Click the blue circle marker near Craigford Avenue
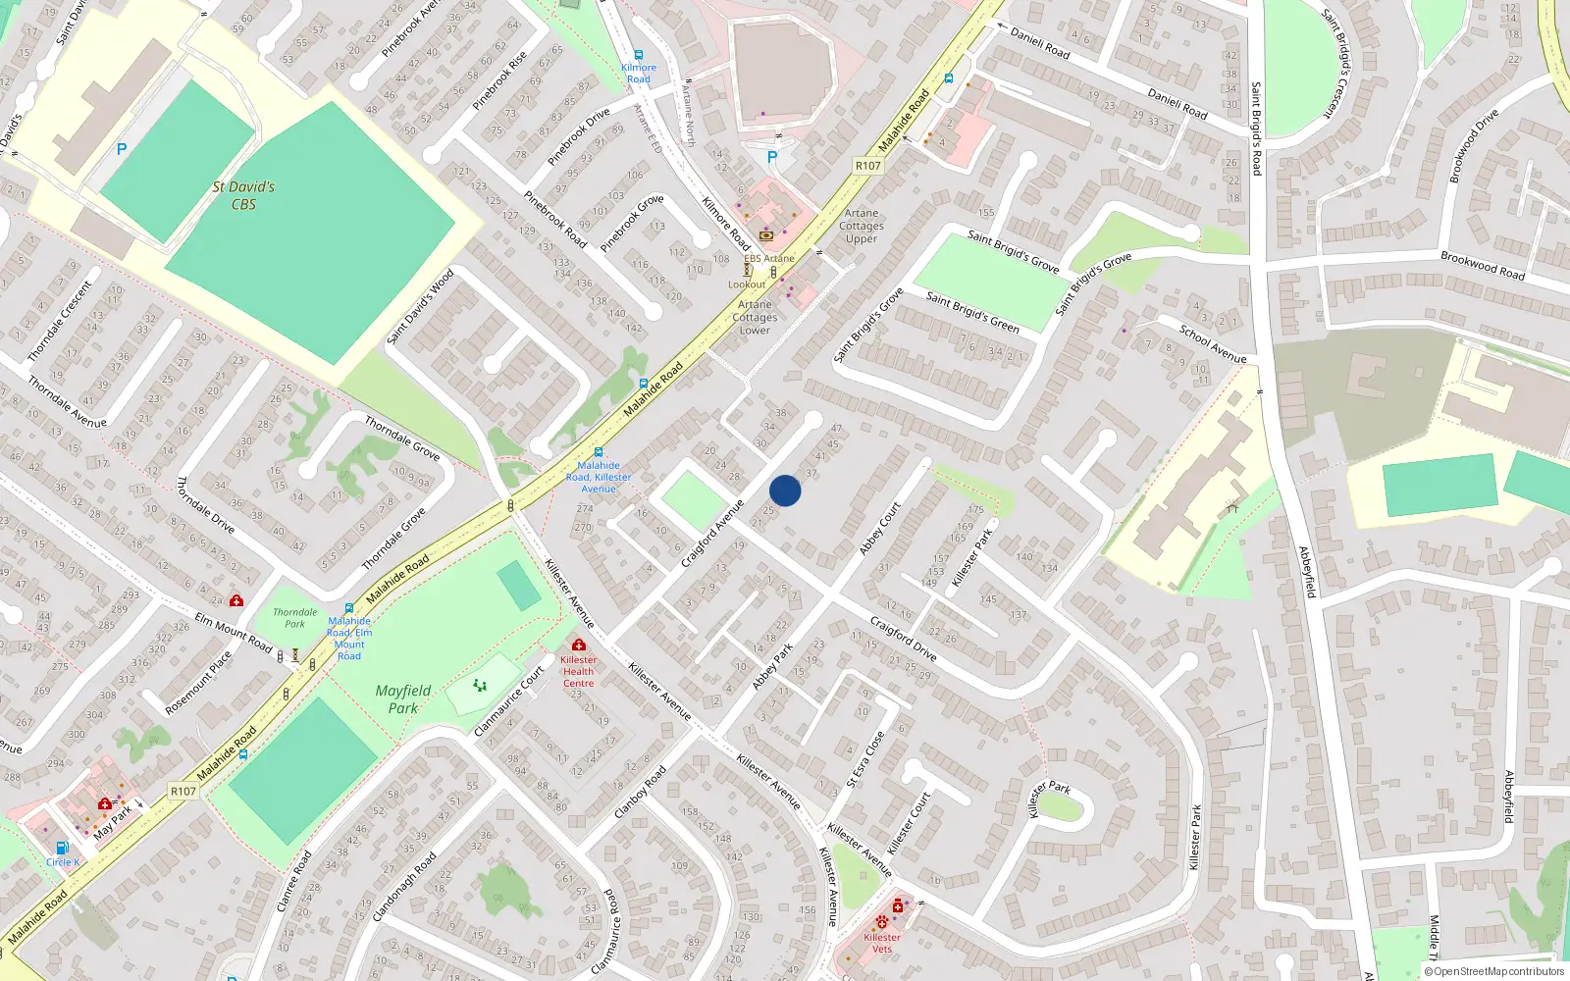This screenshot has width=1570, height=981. click(x=785, y=490)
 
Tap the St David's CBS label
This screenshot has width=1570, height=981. click(x=243, y=195)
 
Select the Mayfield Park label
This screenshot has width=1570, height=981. click(x=402, y=698)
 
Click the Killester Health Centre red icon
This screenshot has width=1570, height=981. click(x=579, y=645)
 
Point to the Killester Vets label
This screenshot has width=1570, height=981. click(x=882, y=943)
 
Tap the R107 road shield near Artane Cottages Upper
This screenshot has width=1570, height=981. click(x=868, y=166)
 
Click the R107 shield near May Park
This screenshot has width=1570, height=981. click(x=183, y=791)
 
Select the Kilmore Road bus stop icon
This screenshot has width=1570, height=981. click(x=639, y=56)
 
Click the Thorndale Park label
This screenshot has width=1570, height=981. click(x=294, y=617)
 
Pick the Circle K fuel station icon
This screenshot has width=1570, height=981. click(x=62, y=848)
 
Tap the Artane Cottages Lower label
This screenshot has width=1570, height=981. click(x=755, y=317)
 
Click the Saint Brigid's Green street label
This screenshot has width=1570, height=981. click(x=972, y=312)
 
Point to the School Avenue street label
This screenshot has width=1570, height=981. click(x=1213, y=344)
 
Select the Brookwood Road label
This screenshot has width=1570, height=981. click(x=1482, y=266)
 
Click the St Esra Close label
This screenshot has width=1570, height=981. click(x=865, y=758)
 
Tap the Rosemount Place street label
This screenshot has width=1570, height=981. click(x=198, y=683)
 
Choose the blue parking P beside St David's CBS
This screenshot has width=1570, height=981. click(x=122, y=150)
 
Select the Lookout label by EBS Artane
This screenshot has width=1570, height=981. click(x=746, y=284)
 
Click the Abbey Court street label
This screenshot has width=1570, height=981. click(x=879, y=529)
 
